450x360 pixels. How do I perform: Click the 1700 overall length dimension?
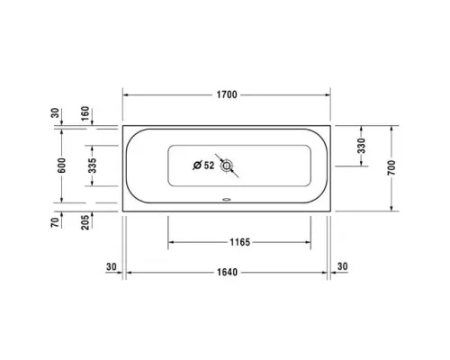coord(227,94)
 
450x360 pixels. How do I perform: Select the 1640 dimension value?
coord(227,269)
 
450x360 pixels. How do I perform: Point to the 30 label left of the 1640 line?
coord(111,267)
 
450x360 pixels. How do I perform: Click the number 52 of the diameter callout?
coord(209,165)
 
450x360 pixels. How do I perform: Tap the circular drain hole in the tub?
coord(229,166)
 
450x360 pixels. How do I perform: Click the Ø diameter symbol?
coord(197,165)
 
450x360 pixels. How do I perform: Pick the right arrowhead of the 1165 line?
coord(309,241)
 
